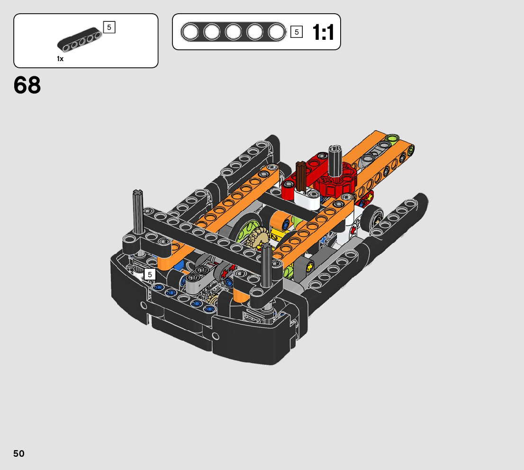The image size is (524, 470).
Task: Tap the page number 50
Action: point(19,453)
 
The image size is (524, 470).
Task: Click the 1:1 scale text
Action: point(323,32)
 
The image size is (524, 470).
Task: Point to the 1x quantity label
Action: point(60,59)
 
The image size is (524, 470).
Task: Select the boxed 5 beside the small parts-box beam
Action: point(109,27)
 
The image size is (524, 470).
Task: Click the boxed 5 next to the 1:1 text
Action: point(297,32)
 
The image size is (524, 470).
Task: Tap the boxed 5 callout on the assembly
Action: point(150,274)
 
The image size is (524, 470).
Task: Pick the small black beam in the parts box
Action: point(80,39)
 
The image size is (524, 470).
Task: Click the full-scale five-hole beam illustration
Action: point(233,32)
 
